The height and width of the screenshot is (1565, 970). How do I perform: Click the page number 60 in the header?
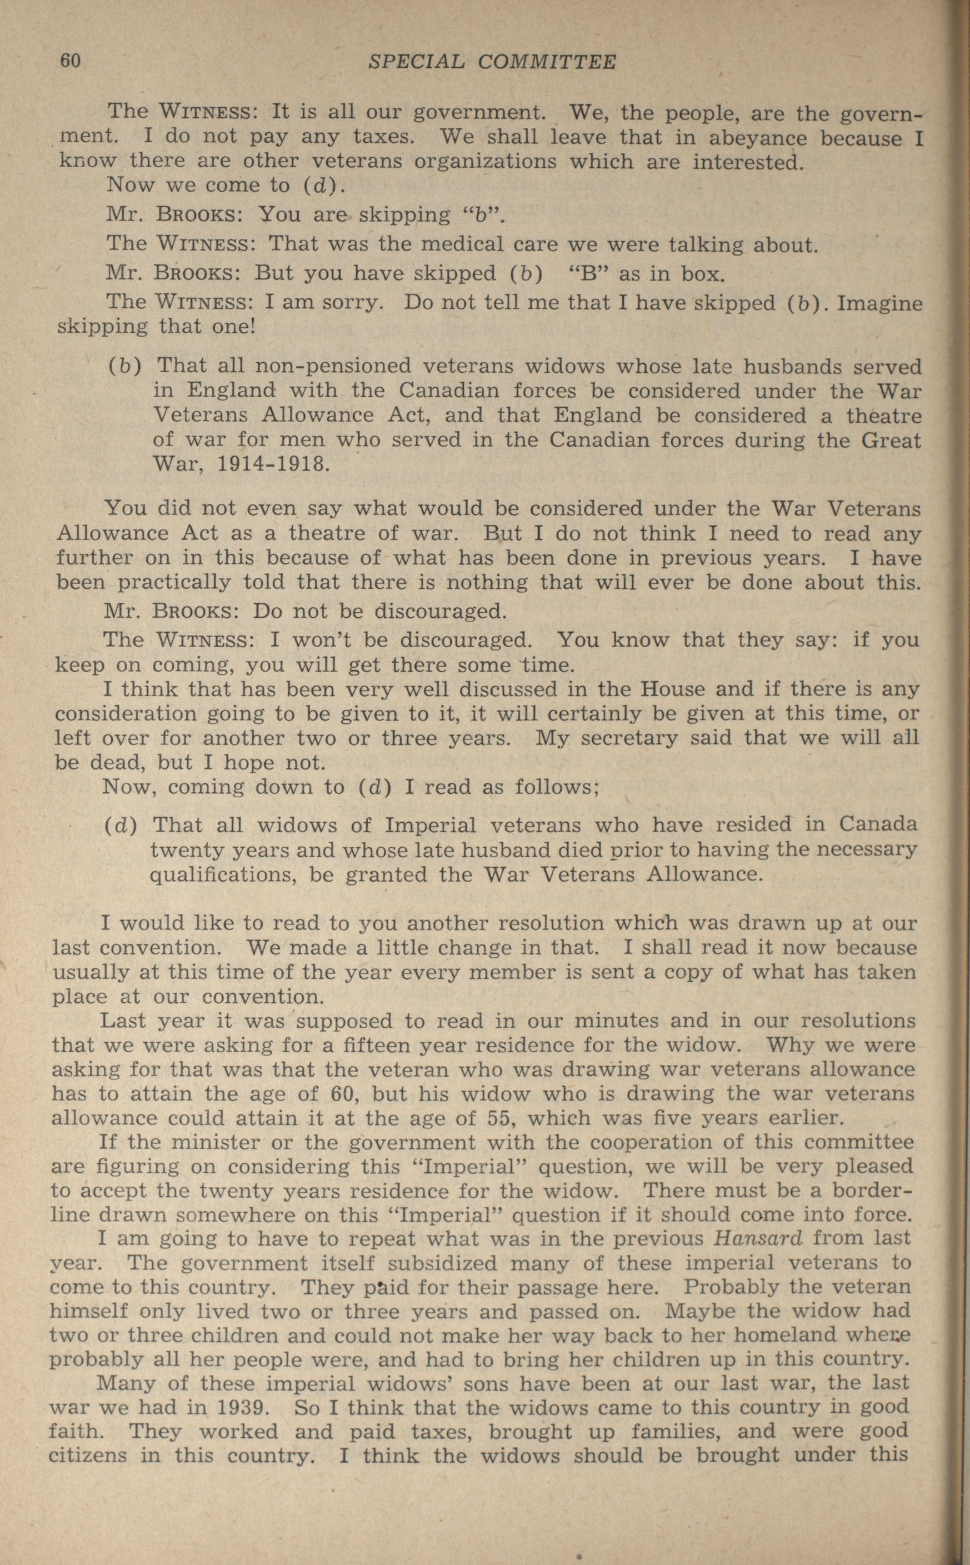tap(70, 61)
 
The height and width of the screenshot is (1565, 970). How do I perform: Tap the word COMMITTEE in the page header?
tap(547, 62)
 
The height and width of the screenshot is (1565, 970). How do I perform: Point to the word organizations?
tap(485, 162)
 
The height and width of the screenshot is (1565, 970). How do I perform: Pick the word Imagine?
tap(880, 303)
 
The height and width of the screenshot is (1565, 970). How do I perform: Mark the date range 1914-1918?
tap(272, 463)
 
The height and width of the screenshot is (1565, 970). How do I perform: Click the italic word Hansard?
tap(758, 1238)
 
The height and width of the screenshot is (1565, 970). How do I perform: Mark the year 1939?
tap(241, 1408)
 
